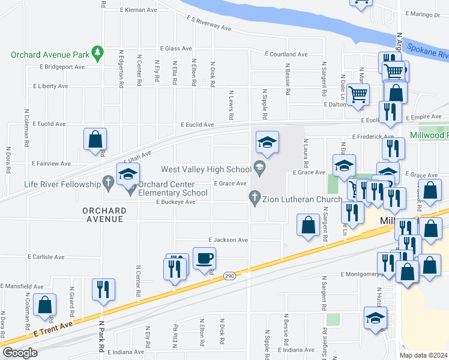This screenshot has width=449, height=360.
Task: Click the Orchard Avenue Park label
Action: [49, 55]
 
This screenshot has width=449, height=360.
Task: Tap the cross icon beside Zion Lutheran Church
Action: [255, 197]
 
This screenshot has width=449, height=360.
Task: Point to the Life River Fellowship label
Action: [62, 184]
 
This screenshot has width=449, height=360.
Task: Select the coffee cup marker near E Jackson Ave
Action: [203, 258]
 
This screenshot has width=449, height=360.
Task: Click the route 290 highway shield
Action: [229, 276]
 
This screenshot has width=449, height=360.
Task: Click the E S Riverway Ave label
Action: [208, 23]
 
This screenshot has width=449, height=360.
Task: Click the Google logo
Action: [20, 353]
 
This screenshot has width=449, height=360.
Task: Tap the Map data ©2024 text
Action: [423, 355]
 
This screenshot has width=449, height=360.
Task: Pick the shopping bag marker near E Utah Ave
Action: [95, 139]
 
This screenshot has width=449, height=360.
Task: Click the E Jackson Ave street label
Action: [228, 240]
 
